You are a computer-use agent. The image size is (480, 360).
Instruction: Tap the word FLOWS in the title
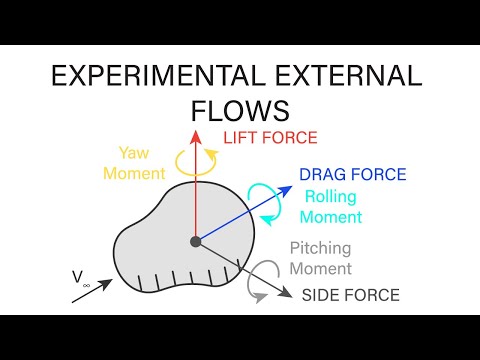tap(240, 110)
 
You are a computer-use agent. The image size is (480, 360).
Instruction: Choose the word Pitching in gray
tap(320, 250)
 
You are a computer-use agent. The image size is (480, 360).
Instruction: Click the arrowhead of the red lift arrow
tap(196, 133)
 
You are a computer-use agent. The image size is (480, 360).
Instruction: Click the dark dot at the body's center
tap(196, 241)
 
